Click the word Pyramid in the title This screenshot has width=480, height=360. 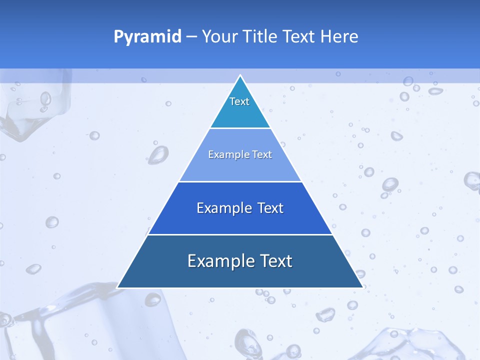click(x=147, y=37)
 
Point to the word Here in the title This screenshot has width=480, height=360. click(x=339, y=36)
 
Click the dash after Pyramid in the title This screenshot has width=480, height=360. click(x=191, y=37)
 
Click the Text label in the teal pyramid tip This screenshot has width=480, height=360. click(x=239, y=101)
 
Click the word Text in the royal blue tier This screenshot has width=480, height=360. click(x=270, y=208)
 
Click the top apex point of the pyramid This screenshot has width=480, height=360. click(x=240, y=75)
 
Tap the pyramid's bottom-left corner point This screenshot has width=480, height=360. click(x=117, y=287)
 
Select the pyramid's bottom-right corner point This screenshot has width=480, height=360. click(x=362, y=287)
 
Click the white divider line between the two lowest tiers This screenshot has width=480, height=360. click(x=240, y=234)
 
